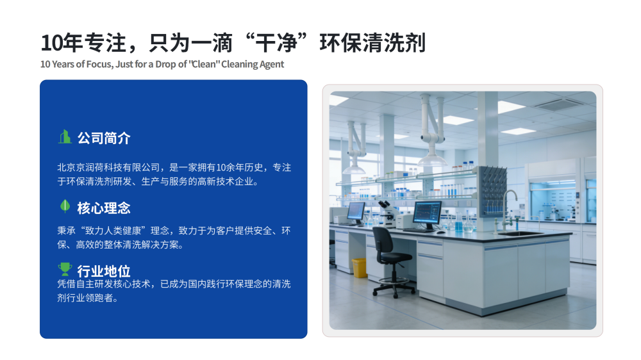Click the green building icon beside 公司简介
point(65,137)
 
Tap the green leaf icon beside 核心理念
point(65,206)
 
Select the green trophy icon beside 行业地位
point(65,269)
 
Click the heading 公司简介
point(104,138)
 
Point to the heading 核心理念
point(104,208)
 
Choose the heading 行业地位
point(104,271)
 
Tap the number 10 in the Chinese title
point(51,43)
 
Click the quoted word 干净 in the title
point(276,43)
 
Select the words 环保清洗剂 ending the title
point(372,43)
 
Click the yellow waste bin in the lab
point(360,268)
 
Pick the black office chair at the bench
point(392,261)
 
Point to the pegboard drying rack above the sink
point(494,190)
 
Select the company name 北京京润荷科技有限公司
point(108,168)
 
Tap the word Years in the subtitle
point(64,64)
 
